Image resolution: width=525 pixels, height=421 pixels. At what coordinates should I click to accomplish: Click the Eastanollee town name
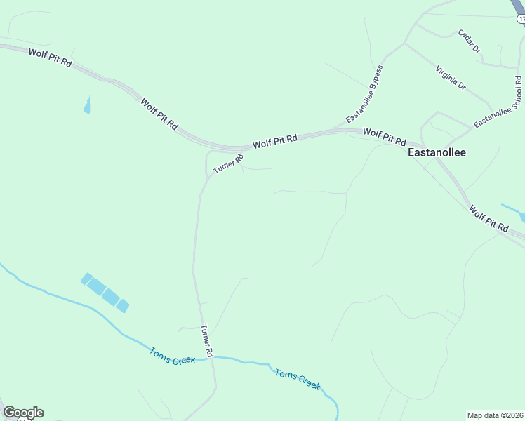tap(437, 152)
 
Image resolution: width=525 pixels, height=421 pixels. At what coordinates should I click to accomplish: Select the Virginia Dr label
tap(451, 78)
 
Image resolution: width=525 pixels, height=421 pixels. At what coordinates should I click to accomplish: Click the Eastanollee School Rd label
tap(498, 102)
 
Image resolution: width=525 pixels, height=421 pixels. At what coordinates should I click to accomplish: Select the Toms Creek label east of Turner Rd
tap(297, 379)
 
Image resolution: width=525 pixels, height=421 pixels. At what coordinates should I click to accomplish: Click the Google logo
tap(23, 413)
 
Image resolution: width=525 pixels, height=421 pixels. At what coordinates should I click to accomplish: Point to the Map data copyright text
tap(496, 415)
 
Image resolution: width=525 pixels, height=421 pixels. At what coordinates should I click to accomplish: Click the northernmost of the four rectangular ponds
tap(86, 279)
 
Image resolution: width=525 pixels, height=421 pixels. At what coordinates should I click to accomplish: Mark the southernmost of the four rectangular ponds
tap(123, 306)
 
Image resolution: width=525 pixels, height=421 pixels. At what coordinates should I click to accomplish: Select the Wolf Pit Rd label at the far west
tap(51, 58)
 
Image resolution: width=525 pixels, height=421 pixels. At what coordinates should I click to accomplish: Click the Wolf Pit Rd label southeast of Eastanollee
tap(488, 219)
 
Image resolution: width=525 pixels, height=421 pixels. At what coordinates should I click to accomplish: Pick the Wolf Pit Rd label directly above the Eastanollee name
tap(384, 136)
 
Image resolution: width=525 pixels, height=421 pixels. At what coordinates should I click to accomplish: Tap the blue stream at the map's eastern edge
tap(514, 212)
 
